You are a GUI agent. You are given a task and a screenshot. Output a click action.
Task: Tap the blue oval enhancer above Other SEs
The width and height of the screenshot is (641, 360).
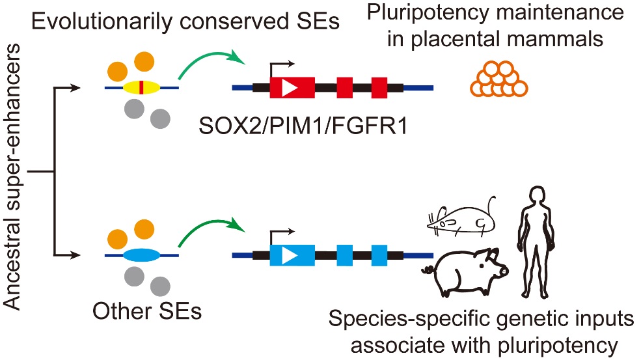[141, 255]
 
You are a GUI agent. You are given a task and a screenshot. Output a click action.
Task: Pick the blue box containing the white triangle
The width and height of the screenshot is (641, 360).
[292, 255]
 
